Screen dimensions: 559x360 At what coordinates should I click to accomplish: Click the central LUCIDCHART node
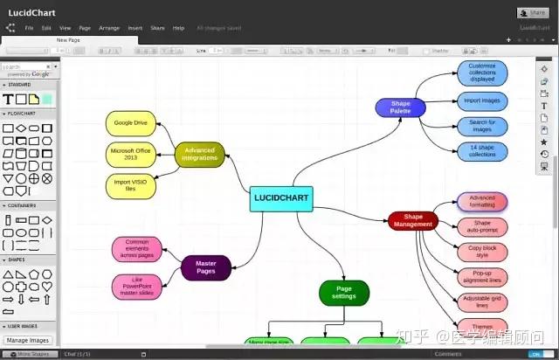pyautogui.click(x=281, y=197)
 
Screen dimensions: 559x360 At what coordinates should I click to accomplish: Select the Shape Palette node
pyautogui.click(x=400, y=107)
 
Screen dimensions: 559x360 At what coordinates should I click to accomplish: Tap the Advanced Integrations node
pyautogui.click(x=199, y=155)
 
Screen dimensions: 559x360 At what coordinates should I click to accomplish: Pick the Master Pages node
pyautogui.click(x=206, y=267)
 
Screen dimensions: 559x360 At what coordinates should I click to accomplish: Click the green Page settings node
pyautogui.click(x=344, y=293)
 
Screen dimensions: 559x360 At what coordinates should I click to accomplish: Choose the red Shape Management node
pyautogui.click(x=413, y=220)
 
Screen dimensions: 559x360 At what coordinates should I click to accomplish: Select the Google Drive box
pyautogui.click(x=130, y=123)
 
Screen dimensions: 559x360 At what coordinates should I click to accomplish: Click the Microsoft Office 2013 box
pyautogui.click(x=130, y=155)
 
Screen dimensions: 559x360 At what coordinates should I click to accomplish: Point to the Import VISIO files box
pyautogui.click(x=130, y=185)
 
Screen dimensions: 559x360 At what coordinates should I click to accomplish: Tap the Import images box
pyautogui.click(x=482, y=100)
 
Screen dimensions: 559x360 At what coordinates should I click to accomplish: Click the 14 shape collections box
pyautogui.click(x=482, y=150)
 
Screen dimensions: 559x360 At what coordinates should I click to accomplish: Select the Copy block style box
pyautogui.click(x=482, y=252)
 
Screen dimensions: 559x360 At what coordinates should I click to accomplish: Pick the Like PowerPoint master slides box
pyautogui.click(x=137, y=287)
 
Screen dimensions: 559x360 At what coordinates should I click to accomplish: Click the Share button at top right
pyautogui.click(x=534, y=12)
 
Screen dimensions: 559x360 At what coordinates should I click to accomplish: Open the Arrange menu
pyautogui.click(x=109, y=28)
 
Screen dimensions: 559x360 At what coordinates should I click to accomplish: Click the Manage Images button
pyautogui.click(x=28, y=340)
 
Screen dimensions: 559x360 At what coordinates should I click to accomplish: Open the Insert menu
pyautogui.click(x=135, y=28)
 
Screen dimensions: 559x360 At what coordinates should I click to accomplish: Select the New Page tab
pyautogui.click(x=70, y=40)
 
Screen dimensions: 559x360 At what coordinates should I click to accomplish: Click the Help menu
pyautogui.click(x=178, y=28)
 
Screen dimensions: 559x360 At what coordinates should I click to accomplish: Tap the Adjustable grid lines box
pyautogui.click(x=482, y=302)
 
